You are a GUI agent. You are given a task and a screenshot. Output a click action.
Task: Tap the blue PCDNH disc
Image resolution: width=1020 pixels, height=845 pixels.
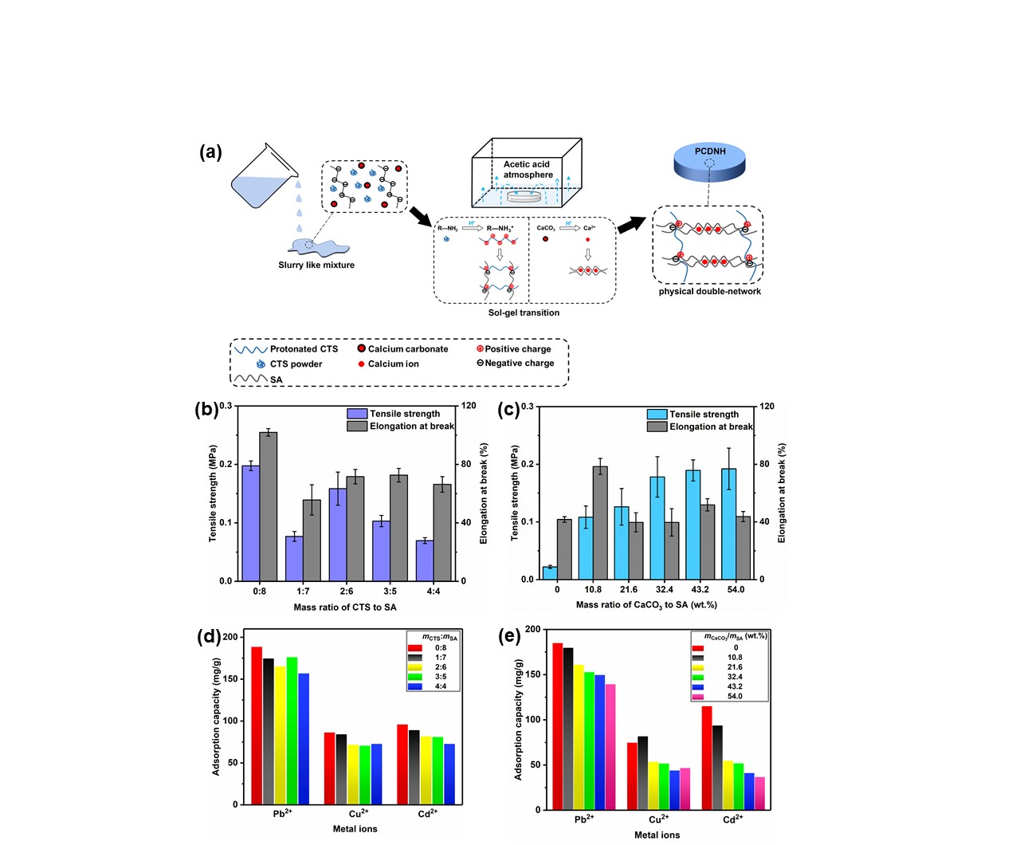tap(709, 162)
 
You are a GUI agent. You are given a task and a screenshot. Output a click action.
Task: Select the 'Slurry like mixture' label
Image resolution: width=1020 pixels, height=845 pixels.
tap(316, 265)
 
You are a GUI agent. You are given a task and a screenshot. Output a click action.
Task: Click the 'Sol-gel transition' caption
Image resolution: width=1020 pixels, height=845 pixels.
tap(524, 312)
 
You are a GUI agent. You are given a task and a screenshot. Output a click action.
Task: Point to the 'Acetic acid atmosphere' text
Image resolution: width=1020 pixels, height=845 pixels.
tap(528, 170)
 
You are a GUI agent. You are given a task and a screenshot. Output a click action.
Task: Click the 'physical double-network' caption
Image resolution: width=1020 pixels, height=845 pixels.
tap(709, 292)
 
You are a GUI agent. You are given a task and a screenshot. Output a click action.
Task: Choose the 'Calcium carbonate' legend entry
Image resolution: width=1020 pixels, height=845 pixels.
tap(407, 349)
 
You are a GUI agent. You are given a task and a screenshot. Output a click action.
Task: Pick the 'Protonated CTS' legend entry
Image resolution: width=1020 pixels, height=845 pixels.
tap(304, 349)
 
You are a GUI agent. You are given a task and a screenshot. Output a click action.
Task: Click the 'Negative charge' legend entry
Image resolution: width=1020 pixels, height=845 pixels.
tap(519, 364)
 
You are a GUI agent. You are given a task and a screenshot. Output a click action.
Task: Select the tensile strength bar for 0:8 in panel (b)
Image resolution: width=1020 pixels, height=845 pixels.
tap(250, 522)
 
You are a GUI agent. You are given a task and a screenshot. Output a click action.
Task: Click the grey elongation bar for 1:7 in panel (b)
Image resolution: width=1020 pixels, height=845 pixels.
tap(312, 540)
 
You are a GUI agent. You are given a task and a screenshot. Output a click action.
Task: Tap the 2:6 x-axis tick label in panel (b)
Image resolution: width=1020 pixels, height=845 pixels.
tap(346, 591)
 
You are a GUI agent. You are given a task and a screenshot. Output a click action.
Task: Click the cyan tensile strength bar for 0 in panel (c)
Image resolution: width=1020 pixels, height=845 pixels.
tap(549, 572)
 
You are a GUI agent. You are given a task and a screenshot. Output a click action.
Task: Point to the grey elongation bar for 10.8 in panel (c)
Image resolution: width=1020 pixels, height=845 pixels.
tap(600, 522)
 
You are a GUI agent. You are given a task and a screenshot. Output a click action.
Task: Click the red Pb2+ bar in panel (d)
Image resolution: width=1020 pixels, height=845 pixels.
tap(257, 725)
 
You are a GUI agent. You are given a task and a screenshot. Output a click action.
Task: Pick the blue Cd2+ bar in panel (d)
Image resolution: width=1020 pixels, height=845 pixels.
tap(449, 773)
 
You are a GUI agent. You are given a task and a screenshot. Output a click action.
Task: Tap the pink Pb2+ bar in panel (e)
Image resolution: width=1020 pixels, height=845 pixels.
tap(610, 746)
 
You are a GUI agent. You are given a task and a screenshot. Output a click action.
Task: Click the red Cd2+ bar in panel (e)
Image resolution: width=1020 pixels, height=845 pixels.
tap(707, 757)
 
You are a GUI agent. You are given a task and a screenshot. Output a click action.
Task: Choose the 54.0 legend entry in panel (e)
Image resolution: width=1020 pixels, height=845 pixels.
tap(734, 697)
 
